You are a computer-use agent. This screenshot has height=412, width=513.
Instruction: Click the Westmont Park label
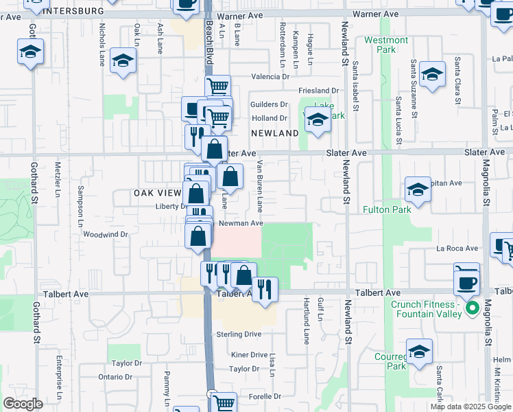386,45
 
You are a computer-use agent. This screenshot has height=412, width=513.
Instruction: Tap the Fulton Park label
386,209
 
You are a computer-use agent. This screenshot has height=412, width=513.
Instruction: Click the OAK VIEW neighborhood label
157,194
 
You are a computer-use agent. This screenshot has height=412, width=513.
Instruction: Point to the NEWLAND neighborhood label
274,133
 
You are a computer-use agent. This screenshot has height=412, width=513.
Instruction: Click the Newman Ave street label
241,223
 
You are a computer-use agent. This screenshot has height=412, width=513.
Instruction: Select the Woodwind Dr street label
106,234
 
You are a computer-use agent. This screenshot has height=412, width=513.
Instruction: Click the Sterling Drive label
239,334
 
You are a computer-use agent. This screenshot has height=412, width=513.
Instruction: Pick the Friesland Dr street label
318,90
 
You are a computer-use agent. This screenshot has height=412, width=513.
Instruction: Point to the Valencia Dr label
270,76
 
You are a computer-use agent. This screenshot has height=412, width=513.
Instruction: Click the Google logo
23,404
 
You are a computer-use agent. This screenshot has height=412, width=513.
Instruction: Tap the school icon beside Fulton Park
417,188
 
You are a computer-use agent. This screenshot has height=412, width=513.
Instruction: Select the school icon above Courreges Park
419,352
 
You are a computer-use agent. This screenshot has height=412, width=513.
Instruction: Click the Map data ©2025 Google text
470,407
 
